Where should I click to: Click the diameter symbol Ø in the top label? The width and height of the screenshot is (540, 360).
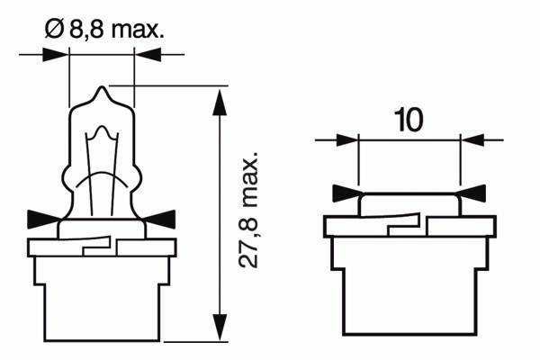click(x=54, y=29)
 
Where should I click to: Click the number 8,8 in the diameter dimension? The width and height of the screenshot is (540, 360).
click(x=86, y=30)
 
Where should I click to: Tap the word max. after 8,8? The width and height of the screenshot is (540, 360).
click(x=137, y=31)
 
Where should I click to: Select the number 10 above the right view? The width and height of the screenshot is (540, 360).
click(x=409, y=120)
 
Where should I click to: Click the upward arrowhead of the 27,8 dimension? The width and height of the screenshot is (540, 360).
click(x=220, y=103)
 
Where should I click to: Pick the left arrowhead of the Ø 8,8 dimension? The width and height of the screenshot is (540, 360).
click(x=54, y=54)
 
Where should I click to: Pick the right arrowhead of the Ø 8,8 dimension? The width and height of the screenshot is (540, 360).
click(x=148, y=54)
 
